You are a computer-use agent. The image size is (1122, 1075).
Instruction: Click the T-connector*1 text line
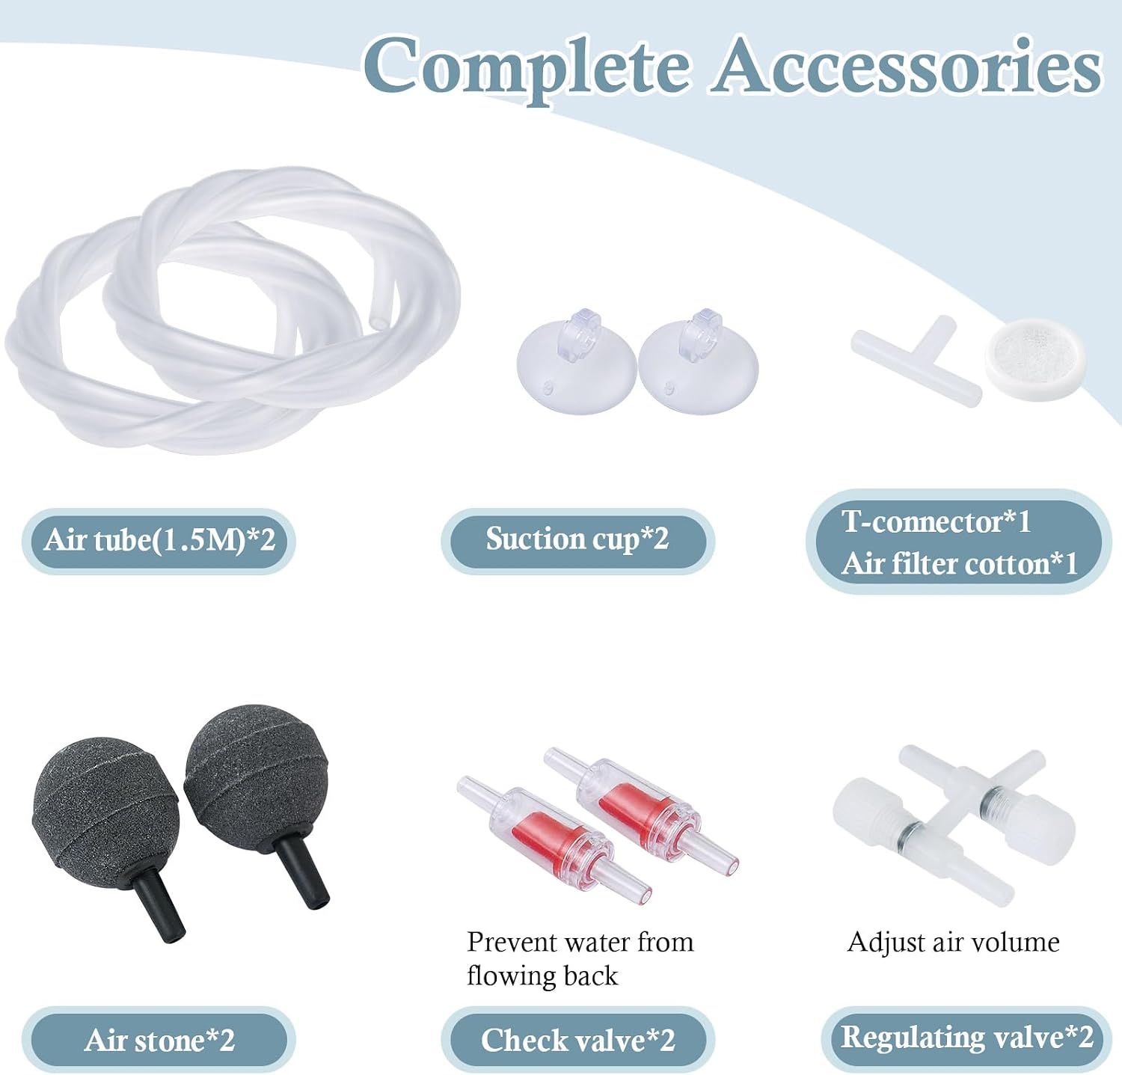pos(936,522)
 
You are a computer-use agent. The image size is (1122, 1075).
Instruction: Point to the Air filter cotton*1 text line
pos(960,564)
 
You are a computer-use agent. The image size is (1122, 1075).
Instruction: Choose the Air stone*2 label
pos(159,1040)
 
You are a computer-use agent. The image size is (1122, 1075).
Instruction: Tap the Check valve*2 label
pos(577,1040)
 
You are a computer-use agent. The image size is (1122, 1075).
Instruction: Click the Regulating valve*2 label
pos(966,1038)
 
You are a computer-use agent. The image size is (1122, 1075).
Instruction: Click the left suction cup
pos(576,367)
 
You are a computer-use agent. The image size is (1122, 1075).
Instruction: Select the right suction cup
pos(698,367)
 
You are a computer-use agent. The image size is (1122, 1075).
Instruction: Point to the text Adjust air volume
pos(953,943)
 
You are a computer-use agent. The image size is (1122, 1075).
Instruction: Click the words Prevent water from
pos(580,942)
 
